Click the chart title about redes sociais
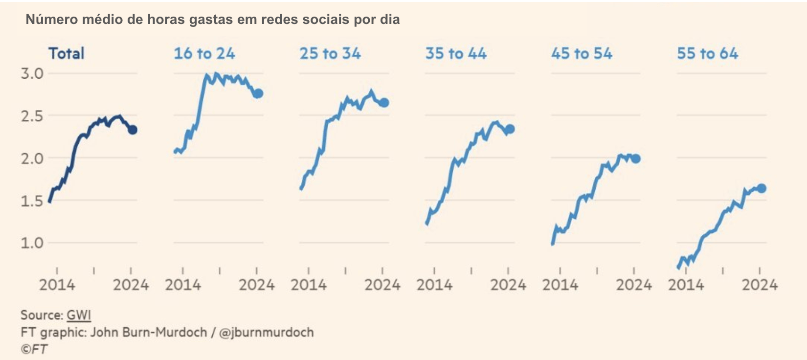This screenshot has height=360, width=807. click(x=213, y=20)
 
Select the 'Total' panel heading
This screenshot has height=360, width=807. click(x=67, y=53)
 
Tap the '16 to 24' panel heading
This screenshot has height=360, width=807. click(x=204, y=53)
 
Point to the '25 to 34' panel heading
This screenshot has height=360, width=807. click(x=330, y=53)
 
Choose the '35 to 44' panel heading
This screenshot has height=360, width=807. click(x=456, y=53)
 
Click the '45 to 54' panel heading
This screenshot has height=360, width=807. click(x=582, y=53)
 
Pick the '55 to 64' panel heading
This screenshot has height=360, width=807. click(x=707, y=53)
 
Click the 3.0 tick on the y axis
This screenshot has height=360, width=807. click(x=32, y=74)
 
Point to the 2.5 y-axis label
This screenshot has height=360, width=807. click(x=32, y=116)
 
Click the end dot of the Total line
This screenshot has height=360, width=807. click(x=133, y=130)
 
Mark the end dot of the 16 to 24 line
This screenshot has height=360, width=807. click(x=259, y=93)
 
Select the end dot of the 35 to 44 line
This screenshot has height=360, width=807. click(x=510, y=129)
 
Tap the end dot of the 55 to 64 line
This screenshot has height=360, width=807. click(x=762, y=188)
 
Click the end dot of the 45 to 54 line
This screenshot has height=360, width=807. click(x=636, y=158)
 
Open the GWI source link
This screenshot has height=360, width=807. click(x=79, y=315)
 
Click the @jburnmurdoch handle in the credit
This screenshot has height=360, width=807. click(x=267, y=333)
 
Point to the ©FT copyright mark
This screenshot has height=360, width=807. click(x=34, y=349)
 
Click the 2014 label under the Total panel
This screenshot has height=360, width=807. click(x=57, y=285)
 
